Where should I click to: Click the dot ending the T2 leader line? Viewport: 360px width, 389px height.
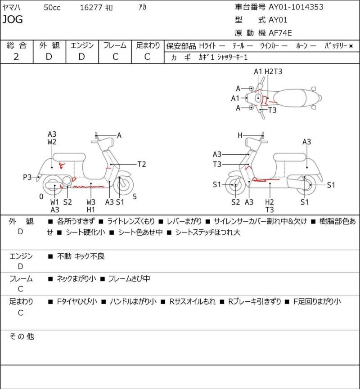[x=111, y=165]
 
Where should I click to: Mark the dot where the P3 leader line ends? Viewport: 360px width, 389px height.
[x=39, y=177]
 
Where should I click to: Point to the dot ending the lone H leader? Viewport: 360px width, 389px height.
[x=262, y=135]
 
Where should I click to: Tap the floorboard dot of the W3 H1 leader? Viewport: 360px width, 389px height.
[x=91, y=184]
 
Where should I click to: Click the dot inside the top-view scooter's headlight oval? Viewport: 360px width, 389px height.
[x=258, y=98]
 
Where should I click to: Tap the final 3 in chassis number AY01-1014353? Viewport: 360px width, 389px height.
[x=321, y=7]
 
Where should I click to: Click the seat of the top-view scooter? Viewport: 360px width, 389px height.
[x=289, y=98]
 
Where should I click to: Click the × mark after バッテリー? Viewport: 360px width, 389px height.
[x=351, y=46]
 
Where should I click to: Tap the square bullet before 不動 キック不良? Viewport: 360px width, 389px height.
[x=50, y=256]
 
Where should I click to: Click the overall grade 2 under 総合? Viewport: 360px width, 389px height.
[x=16, y=57]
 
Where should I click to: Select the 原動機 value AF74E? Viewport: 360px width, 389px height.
[x=280, y=33]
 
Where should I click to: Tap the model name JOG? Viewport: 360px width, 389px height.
[x=13, y=19]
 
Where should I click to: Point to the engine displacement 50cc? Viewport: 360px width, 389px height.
[x=52, y=8]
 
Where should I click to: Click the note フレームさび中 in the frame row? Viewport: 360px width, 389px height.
[x=129, y=279]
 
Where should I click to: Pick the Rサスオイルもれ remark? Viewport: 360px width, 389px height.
[x=193, y=302]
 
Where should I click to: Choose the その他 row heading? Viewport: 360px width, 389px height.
[x=22, y=337]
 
